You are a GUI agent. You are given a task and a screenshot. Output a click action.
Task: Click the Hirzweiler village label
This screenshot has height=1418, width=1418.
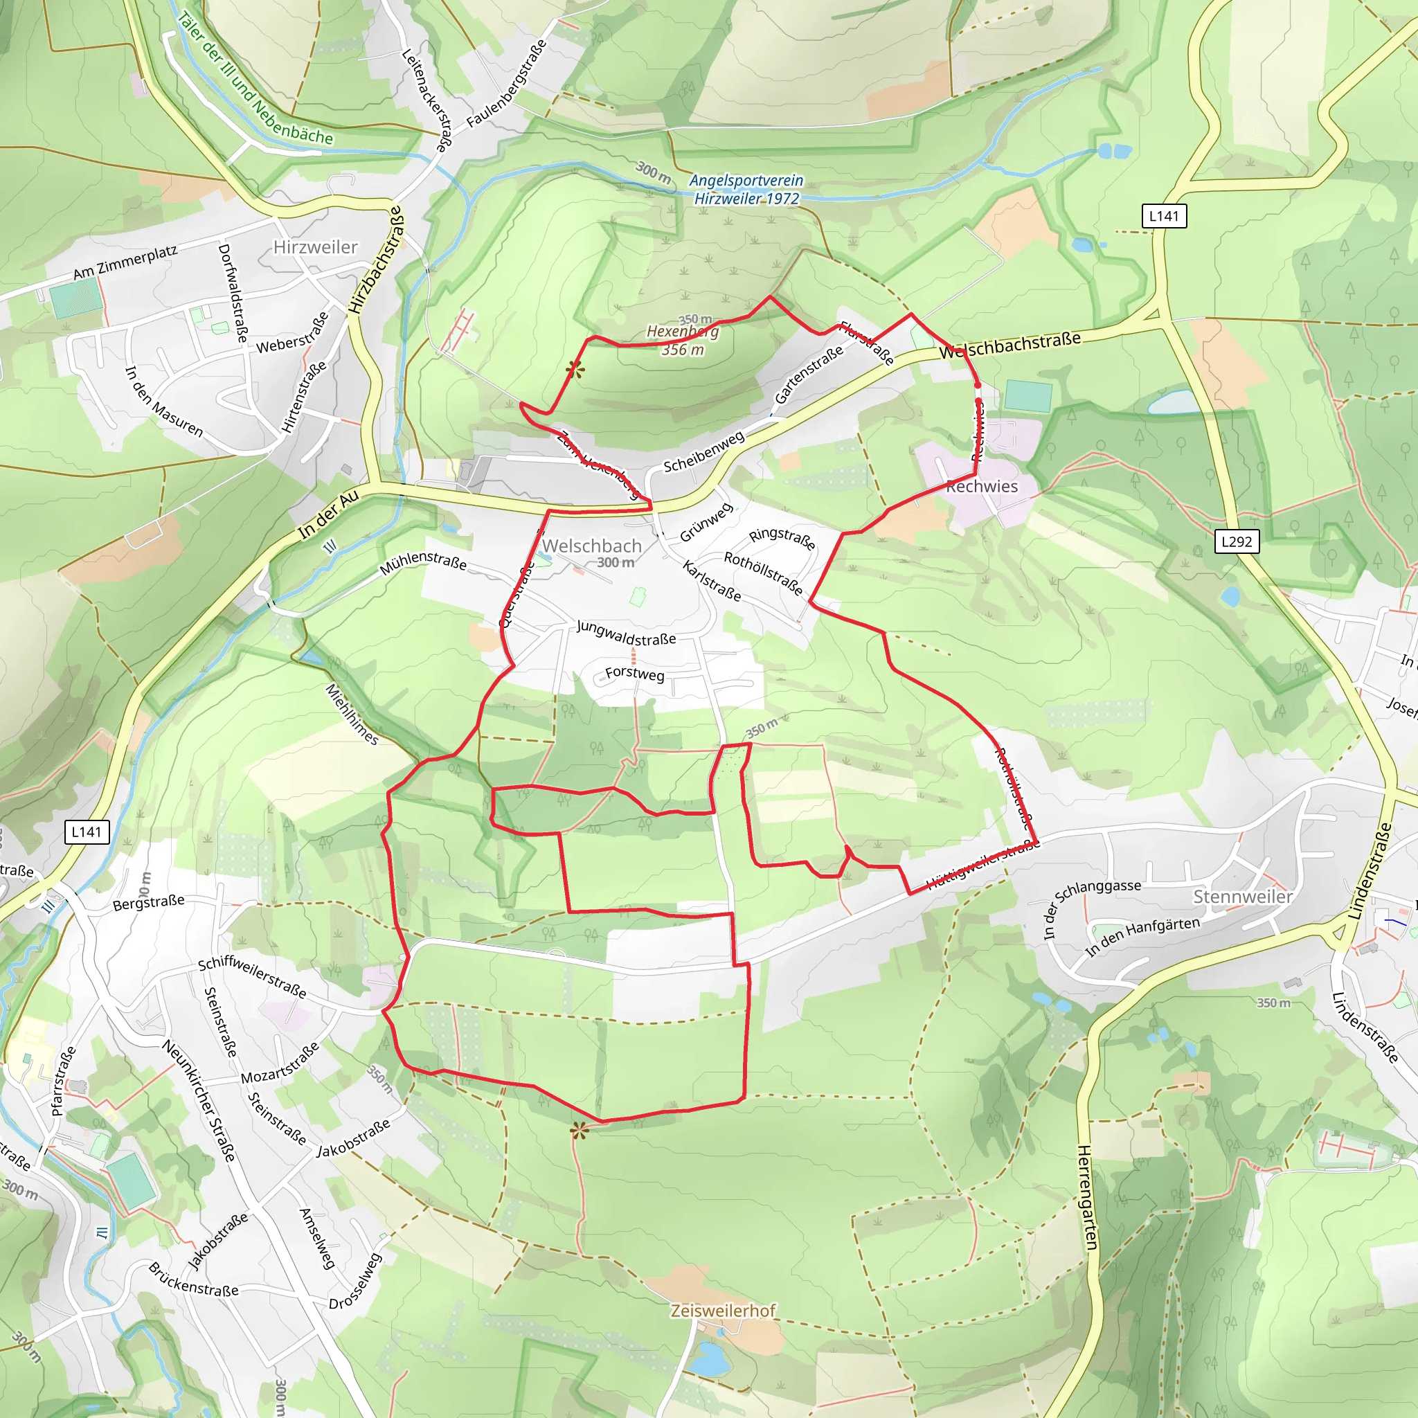315,247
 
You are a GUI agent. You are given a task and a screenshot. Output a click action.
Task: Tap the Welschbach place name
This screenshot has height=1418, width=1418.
591,546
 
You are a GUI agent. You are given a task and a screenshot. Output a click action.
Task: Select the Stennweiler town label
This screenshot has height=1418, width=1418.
1243,896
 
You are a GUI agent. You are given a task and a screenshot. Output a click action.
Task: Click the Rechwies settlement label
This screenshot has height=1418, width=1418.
981,486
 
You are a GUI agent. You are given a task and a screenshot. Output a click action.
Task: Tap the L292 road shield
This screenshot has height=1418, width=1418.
1236,541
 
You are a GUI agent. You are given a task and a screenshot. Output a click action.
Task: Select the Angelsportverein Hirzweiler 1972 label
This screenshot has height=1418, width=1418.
746,189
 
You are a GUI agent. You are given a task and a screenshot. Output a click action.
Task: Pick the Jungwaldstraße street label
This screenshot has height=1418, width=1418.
626,633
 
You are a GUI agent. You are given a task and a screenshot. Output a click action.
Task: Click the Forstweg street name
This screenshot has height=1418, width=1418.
635,674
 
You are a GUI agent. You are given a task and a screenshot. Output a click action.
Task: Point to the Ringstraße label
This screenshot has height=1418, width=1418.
782,538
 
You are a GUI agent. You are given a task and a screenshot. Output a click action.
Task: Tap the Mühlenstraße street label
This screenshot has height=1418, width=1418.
424,562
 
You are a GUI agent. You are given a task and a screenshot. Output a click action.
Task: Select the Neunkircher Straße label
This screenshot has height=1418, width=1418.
199,1101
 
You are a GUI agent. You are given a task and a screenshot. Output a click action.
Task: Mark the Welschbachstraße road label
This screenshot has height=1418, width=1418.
1011,344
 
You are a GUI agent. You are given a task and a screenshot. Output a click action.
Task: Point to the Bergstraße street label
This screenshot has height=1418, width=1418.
149,902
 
